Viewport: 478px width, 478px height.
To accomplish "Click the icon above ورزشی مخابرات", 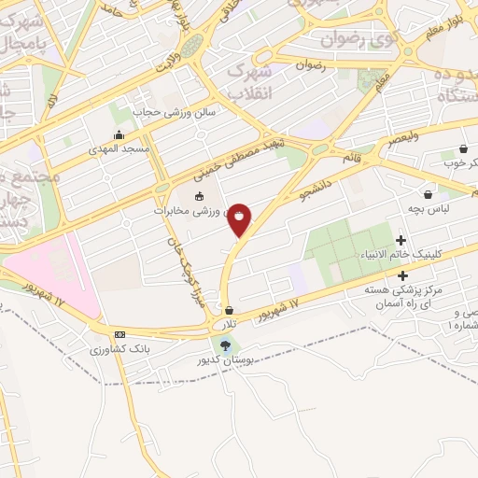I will pyautogui.click(x=198, y=197).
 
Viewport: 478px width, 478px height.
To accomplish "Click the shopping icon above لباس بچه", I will pyautogui.click(x=428, y=194).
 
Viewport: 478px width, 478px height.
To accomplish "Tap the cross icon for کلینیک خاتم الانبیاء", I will pyautogui.click(x=401, y=240).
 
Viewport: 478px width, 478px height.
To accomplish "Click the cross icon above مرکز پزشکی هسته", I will pyautogui.click(x=402, y=275).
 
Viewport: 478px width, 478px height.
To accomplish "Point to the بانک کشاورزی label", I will pyautogui.click(x=113, y=349).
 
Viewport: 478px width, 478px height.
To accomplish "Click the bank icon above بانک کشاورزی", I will pyautogui.click(x=119, y=334).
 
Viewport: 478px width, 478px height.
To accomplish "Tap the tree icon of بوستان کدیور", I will pyautogui.click(x=223, y=344).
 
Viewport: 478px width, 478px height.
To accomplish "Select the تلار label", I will pyautogui.click(x=226, y=323).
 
